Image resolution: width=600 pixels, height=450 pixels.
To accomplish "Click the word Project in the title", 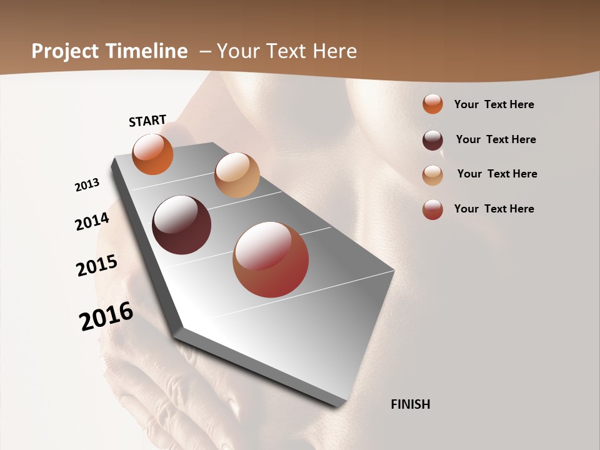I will coord(66,51).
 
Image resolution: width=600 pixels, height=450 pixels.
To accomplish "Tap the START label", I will coord(147,121).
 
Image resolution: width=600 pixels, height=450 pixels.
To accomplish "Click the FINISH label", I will coord(410,404).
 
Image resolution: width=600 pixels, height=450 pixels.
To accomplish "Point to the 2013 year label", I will coord(87,185).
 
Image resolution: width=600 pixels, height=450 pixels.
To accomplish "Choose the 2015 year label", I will coord(97,266).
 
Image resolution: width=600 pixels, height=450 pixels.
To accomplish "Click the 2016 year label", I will coord(106,316).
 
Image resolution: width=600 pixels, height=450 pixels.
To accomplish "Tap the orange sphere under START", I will coord(152,154).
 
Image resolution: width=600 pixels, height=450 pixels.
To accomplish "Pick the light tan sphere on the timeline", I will coord(237,175).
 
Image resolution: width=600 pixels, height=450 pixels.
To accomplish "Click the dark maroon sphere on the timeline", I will coord(181,225).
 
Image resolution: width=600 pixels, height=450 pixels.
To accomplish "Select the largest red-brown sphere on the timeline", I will coord(271,259).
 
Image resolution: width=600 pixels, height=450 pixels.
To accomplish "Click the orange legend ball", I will coord(432,104).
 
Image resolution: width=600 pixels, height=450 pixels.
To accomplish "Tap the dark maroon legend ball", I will coord(432,140).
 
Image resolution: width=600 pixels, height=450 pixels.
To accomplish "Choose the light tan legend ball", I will coord(432,175).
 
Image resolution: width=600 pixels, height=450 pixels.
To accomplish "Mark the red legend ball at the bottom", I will coord(432,209).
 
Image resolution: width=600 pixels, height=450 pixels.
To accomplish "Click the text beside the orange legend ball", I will coord(494,105).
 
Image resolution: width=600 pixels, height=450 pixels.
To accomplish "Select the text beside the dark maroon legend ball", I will coord(496,139).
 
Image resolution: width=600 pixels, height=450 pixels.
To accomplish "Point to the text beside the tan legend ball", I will coord(497,174).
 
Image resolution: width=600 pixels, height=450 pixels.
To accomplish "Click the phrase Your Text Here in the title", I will coord(287,51).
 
